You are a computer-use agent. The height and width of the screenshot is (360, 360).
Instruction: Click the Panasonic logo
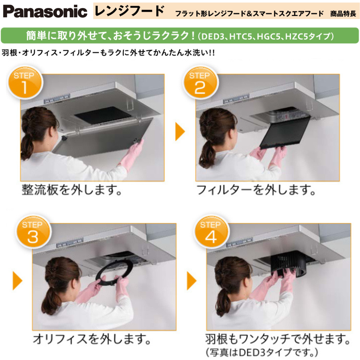(45, 11)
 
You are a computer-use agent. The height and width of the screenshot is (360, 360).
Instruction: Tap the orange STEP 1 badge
(25, 83)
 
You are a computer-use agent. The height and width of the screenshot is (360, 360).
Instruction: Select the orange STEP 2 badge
(200, 83)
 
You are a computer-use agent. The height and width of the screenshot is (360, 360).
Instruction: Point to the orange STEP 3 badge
(33, 232)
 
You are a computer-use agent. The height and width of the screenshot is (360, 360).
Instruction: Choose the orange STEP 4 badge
(211, 232)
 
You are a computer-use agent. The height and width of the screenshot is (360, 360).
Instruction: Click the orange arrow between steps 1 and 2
(180, 131)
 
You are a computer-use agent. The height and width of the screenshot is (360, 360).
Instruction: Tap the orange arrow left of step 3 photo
(17, 281)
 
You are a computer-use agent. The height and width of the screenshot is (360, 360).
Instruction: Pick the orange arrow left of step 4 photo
(191, 281)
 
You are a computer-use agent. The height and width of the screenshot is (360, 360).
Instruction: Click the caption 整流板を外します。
(72, 190)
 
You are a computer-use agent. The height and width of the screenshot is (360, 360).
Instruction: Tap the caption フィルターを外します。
(256, 190)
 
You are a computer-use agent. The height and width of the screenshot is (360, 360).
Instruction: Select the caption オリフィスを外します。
(92, 339)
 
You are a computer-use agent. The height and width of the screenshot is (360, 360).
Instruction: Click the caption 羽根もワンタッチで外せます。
(278, 339)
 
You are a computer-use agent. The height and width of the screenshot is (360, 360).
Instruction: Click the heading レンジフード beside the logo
(129, 11)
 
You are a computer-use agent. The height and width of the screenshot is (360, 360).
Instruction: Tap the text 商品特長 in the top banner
(343, 14)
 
